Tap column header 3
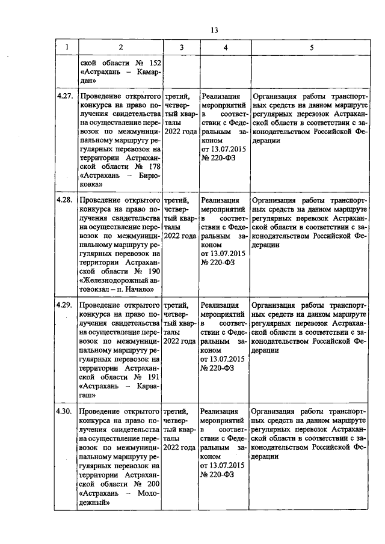(x=180, y=47)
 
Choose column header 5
(x=311, y=47)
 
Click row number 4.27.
(x=65, y=96)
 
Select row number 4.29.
(x=65, y=305)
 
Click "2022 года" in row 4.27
(x=180, y=132)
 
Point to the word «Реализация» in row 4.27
(x=221, y=96)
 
